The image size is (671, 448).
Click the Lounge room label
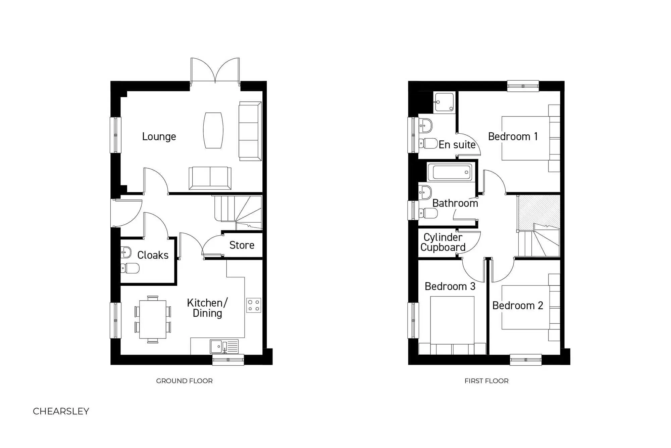coord(159,136)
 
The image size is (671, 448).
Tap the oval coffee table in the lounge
coord(213,130)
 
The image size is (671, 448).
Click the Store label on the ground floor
coord(242,245)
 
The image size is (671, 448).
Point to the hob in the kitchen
coord(253,305)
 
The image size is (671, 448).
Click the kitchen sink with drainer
coord(224,346)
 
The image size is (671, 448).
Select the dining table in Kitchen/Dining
coord(153,319)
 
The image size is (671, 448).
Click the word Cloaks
coord(153,255)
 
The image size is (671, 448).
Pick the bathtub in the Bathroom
coord(451,172)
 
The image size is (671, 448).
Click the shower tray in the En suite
coord(444,102)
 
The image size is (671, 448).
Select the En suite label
coord(457,145)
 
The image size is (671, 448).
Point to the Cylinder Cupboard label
coord(443,242)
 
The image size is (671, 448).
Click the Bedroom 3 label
coord(450,286)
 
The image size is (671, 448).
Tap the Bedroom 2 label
coord(517,305)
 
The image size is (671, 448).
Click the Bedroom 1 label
coord(513,136)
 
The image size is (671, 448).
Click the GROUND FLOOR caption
coord(184,381)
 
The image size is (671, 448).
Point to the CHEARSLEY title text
coord(61,411)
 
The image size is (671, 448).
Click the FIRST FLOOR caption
coord(486,381)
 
